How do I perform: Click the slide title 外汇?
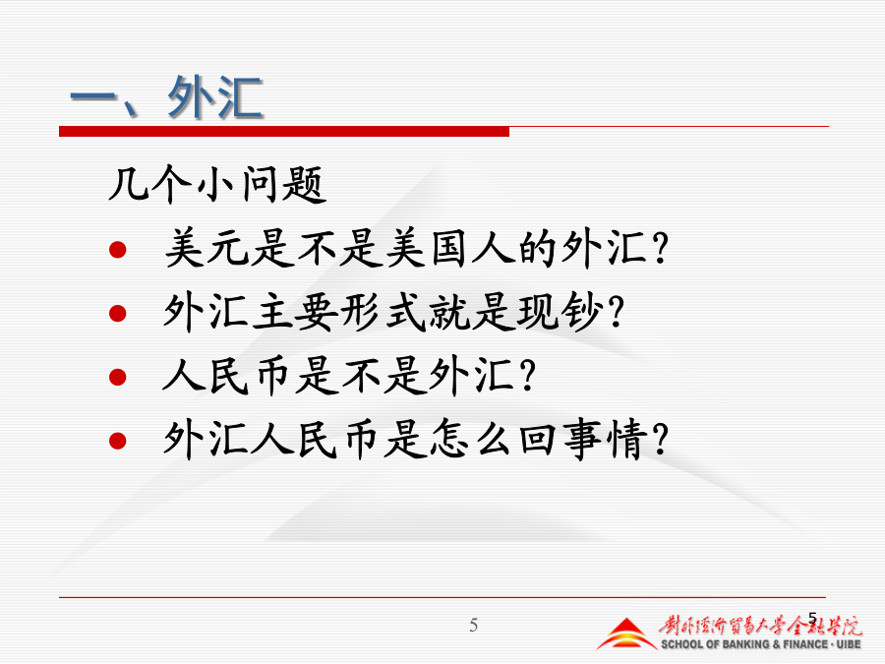click(x=215, y=97)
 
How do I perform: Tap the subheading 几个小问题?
click(x=218, y=185)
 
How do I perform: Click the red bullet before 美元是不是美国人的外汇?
click(x=117, y=249)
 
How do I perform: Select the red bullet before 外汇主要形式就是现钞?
click(x=117, y=313)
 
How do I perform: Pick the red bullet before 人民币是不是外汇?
click(x=117, y=377)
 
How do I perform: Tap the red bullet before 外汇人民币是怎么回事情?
click(x=117, y=441)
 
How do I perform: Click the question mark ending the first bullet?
click(x=659, y=249)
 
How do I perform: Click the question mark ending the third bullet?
click(x=527, y=376)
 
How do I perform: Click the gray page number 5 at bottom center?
click(x=474, y=625)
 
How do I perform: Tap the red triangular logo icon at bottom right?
click(x=626, y=634)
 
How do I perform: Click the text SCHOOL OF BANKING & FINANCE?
click(x=743, y=644)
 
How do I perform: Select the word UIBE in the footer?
click(x=849, y=644)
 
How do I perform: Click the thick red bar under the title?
click(x=284, y=132)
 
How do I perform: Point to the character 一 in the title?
click(x=92, y=96)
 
